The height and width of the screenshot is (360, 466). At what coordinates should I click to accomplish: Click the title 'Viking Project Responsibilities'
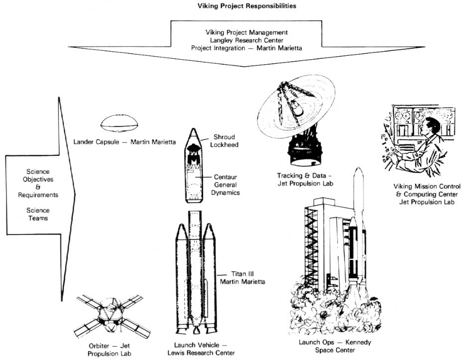(233, 6)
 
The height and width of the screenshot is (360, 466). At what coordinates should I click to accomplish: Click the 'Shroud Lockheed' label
(225, 140)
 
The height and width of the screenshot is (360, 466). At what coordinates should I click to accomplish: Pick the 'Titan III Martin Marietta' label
(243, 278)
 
